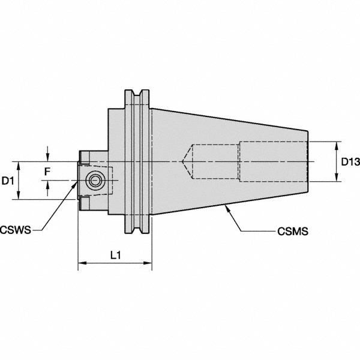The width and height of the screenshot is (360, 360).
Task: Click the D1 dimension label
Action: point(8,181)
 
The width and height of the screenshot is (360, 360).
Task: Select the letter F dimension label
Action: point(48,172)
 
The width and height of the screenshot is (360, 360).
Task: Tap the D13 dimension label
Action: point(347,161)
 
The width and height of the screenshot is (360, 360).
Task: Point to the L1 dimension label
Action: point(116,255)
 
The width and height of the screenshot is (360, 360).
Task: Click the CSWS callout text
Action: point(17,229)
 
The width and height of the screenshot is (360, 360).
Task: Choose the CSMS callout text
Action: point(293,230)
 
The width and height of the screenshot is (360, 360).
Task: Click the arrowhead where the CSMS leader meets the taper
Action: point(226,206)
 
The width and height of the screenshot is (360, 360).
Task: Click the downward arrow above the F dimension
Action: point(48,158)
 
